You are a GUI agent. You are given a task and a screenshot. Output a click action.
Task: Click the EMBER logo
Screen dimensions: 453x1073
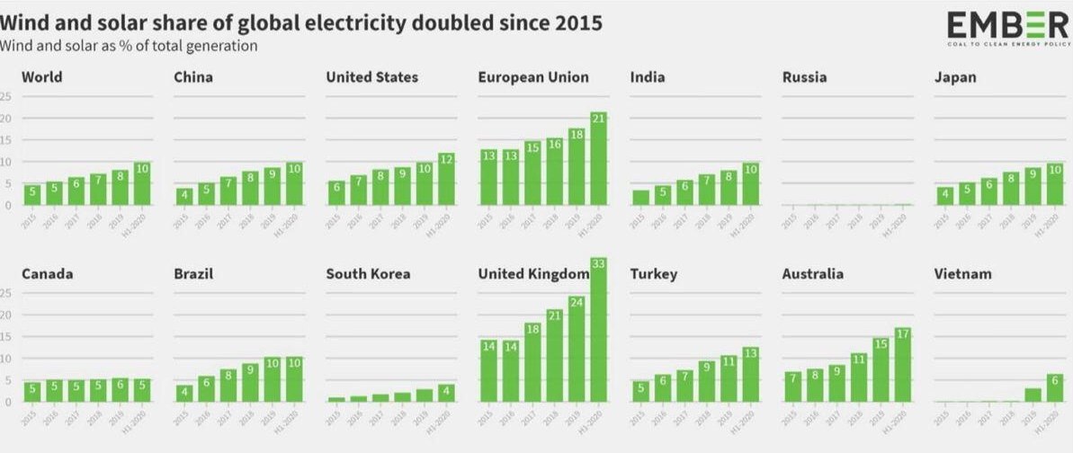coord(1007,28)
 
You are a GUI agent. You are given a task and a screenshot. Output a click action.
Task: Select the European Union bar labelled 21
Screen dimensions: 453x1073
coord(597,158)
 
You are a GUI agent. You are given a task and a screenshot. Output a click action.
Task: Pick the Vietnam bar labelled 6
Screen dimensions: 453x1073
coord(1054,387)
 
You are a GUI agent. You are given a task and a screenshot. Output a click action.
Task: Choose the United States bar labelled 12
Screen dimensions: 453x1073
coord(445,179)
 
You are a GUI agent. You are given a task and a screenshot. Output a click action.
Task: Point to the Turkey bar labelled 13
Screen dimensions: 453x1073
coord(749,374)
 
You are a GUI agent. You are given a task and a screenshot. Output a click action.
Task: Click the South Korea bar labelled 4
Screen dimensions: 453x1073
coord(445,393)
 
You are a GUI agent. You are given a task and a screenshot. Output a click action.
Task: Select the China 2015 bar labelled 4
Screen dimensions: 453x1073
coord(184,196)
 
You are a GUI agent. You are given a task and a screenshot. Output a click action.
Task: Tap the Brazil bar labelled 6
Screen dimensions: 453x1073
coord(206,388)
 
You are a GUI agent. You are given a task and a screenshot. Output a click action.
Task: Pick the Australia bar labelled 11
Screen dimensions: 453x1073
coord(858,377)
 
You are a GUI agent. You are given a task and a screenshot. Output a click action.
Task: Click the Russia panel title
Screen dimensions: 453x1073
coord(804,77)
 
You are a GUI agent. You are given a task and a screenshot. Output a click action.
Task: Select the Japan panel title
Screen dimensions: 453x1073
coord(955,77)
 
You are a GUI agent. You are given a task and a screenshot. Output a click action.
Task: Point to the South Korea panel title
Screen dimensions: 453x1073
coord(368,273)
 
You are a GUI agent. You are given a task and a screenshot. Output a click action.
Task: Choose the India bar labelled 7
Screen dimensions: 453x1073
coord(706,190)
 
